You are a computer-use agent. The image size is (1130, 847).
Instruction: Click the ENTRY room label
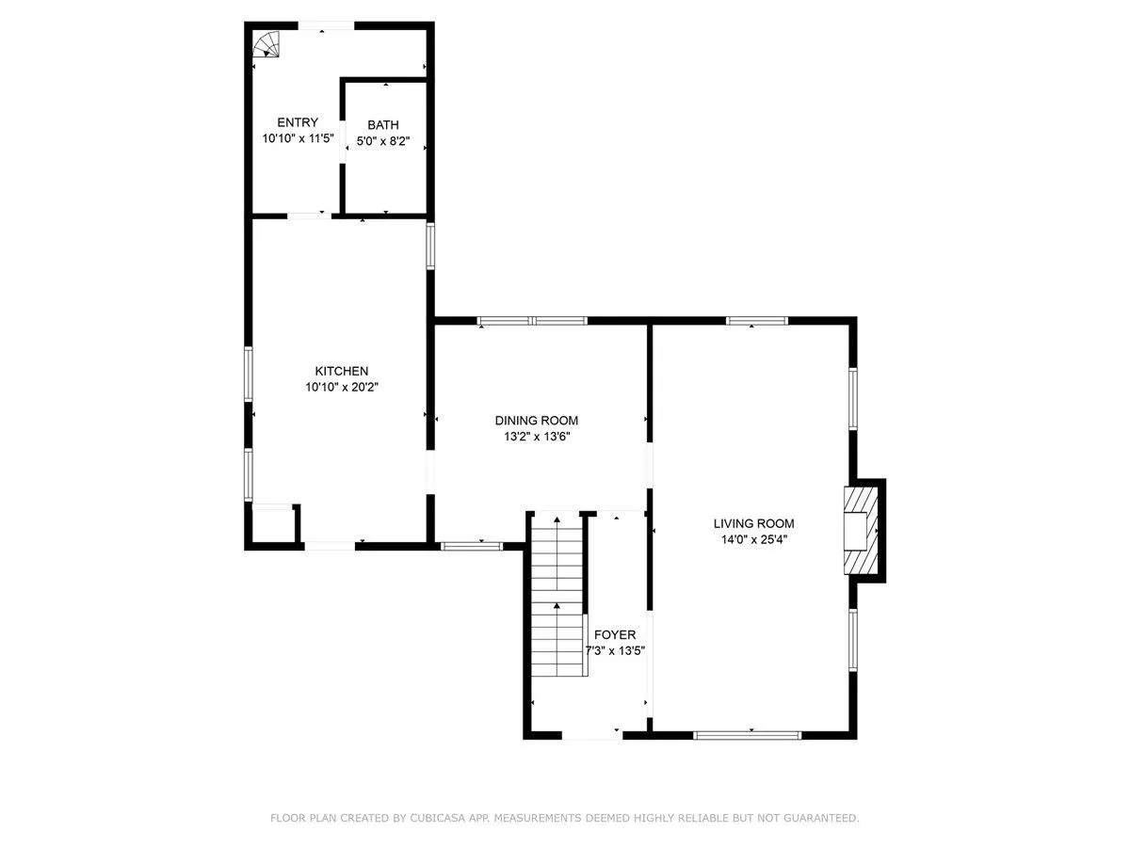point(298,122)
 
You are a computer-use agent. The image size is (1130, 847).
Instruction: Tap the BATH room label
point(383,125)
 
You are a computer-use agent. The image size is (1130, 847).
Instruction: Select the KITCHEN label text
point(341,371)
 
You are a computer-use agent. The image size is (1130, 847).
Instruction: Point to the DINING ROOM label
point(537,420)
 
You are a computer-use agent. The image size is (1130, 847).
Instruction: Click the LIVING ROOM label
point(753,523)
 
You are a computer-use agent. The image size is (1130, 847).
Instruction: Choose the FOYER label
point(615,634)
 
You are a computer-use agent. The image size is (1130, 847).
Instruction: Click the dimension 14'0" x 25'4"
point(754,539)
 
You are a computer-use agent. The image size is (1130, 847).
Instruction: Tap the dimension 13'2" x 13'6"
point(537,437)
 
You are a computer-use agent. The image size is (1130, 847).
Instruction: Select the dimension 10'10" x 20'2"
point(342,387)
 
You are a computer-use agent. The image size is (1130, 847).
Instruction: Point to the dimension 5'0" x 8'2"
point(383,141)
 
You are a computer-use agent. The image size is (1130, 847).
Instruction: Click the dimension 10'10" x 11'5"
point(299,138)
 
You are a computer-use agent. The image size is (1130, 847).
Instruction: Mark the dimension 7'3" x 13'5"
point(615,650)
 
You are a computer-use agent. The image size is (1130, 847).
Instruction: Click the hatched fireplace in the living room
point(860,530)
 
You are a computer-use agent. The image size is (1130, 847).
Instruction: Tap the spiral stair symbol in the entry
point(266,43)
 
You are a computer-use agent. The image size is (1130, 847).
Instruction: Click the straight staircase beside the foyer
point(557,596)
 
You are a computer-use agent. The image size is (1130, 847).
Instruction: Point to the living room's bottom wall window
point(747,735)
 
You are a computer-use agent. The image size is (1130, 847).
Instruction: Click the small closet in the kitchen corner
point(273,524)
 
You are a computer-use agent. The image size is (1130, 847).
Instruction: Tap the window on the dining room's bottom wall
point(471,546)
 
